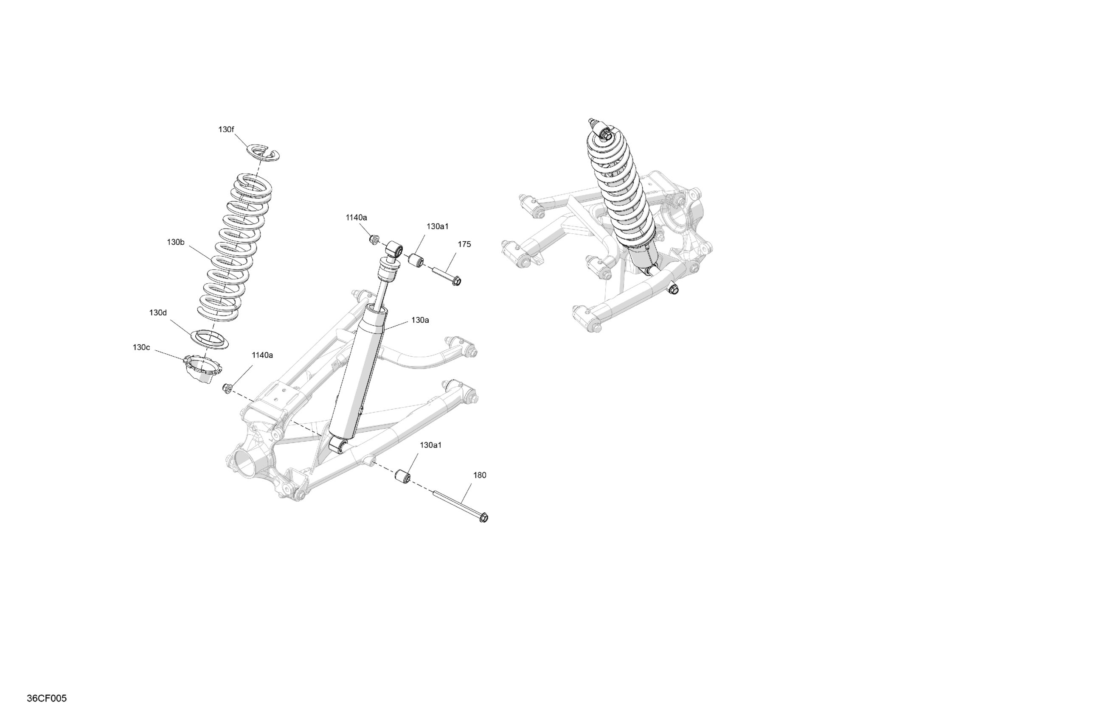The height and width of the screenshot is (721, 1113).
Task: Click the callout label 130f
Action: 226,129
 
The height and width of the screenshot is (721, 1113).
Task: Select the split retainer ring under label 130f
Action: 263,152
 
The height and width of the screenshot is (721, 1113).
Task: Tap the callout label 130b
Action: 175,242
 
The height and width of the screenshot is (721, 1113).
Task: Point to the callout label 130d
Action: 158,313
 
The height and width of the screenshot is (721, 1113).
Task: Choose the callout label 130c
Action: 141,347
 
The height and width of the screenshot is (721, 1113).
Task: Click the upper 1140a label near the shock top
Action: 356,217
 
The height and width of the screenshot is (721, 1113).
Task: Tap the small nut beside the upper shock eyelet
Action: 374,240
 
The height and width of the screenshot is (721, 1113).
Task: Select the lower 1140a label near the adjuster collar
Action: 262,355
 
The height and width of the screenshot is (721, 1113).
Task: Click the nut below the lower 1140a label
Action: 227,387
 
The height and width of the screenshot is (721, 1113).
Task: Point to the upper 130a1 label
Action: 437,226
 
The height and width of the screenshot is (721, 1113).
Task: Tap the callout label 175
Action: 464,244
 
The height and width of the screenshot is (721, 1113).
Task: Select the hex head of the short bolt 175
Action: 457,281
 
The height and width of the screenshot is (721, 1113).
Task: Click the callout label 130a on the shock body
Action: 420,320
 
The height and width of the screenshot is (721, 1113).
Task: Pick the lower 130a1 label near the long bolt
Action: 431,445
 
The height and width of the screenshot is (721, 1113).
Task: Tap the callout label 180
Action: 480,475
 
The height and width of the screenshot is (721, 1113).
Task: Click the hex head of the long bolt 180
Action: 484,518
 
